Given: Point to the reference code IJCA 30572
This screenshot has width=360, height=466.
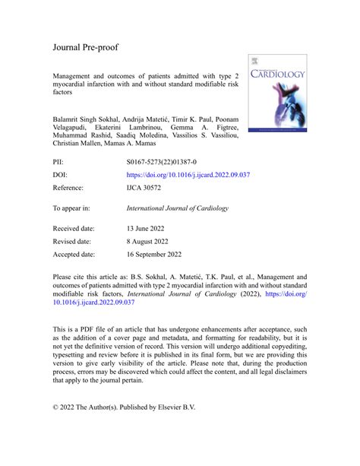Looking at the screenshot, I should [x=145, y=186].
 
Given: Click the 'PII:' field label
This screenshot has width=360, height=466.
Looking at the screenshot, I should [x=58, y=162].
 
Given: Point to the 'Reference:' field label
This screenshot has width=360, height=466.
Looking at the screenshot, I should [x=69, y=186].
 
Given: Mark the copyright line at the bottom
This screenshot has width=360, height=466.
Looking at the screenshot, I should [x=124, y=407].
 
